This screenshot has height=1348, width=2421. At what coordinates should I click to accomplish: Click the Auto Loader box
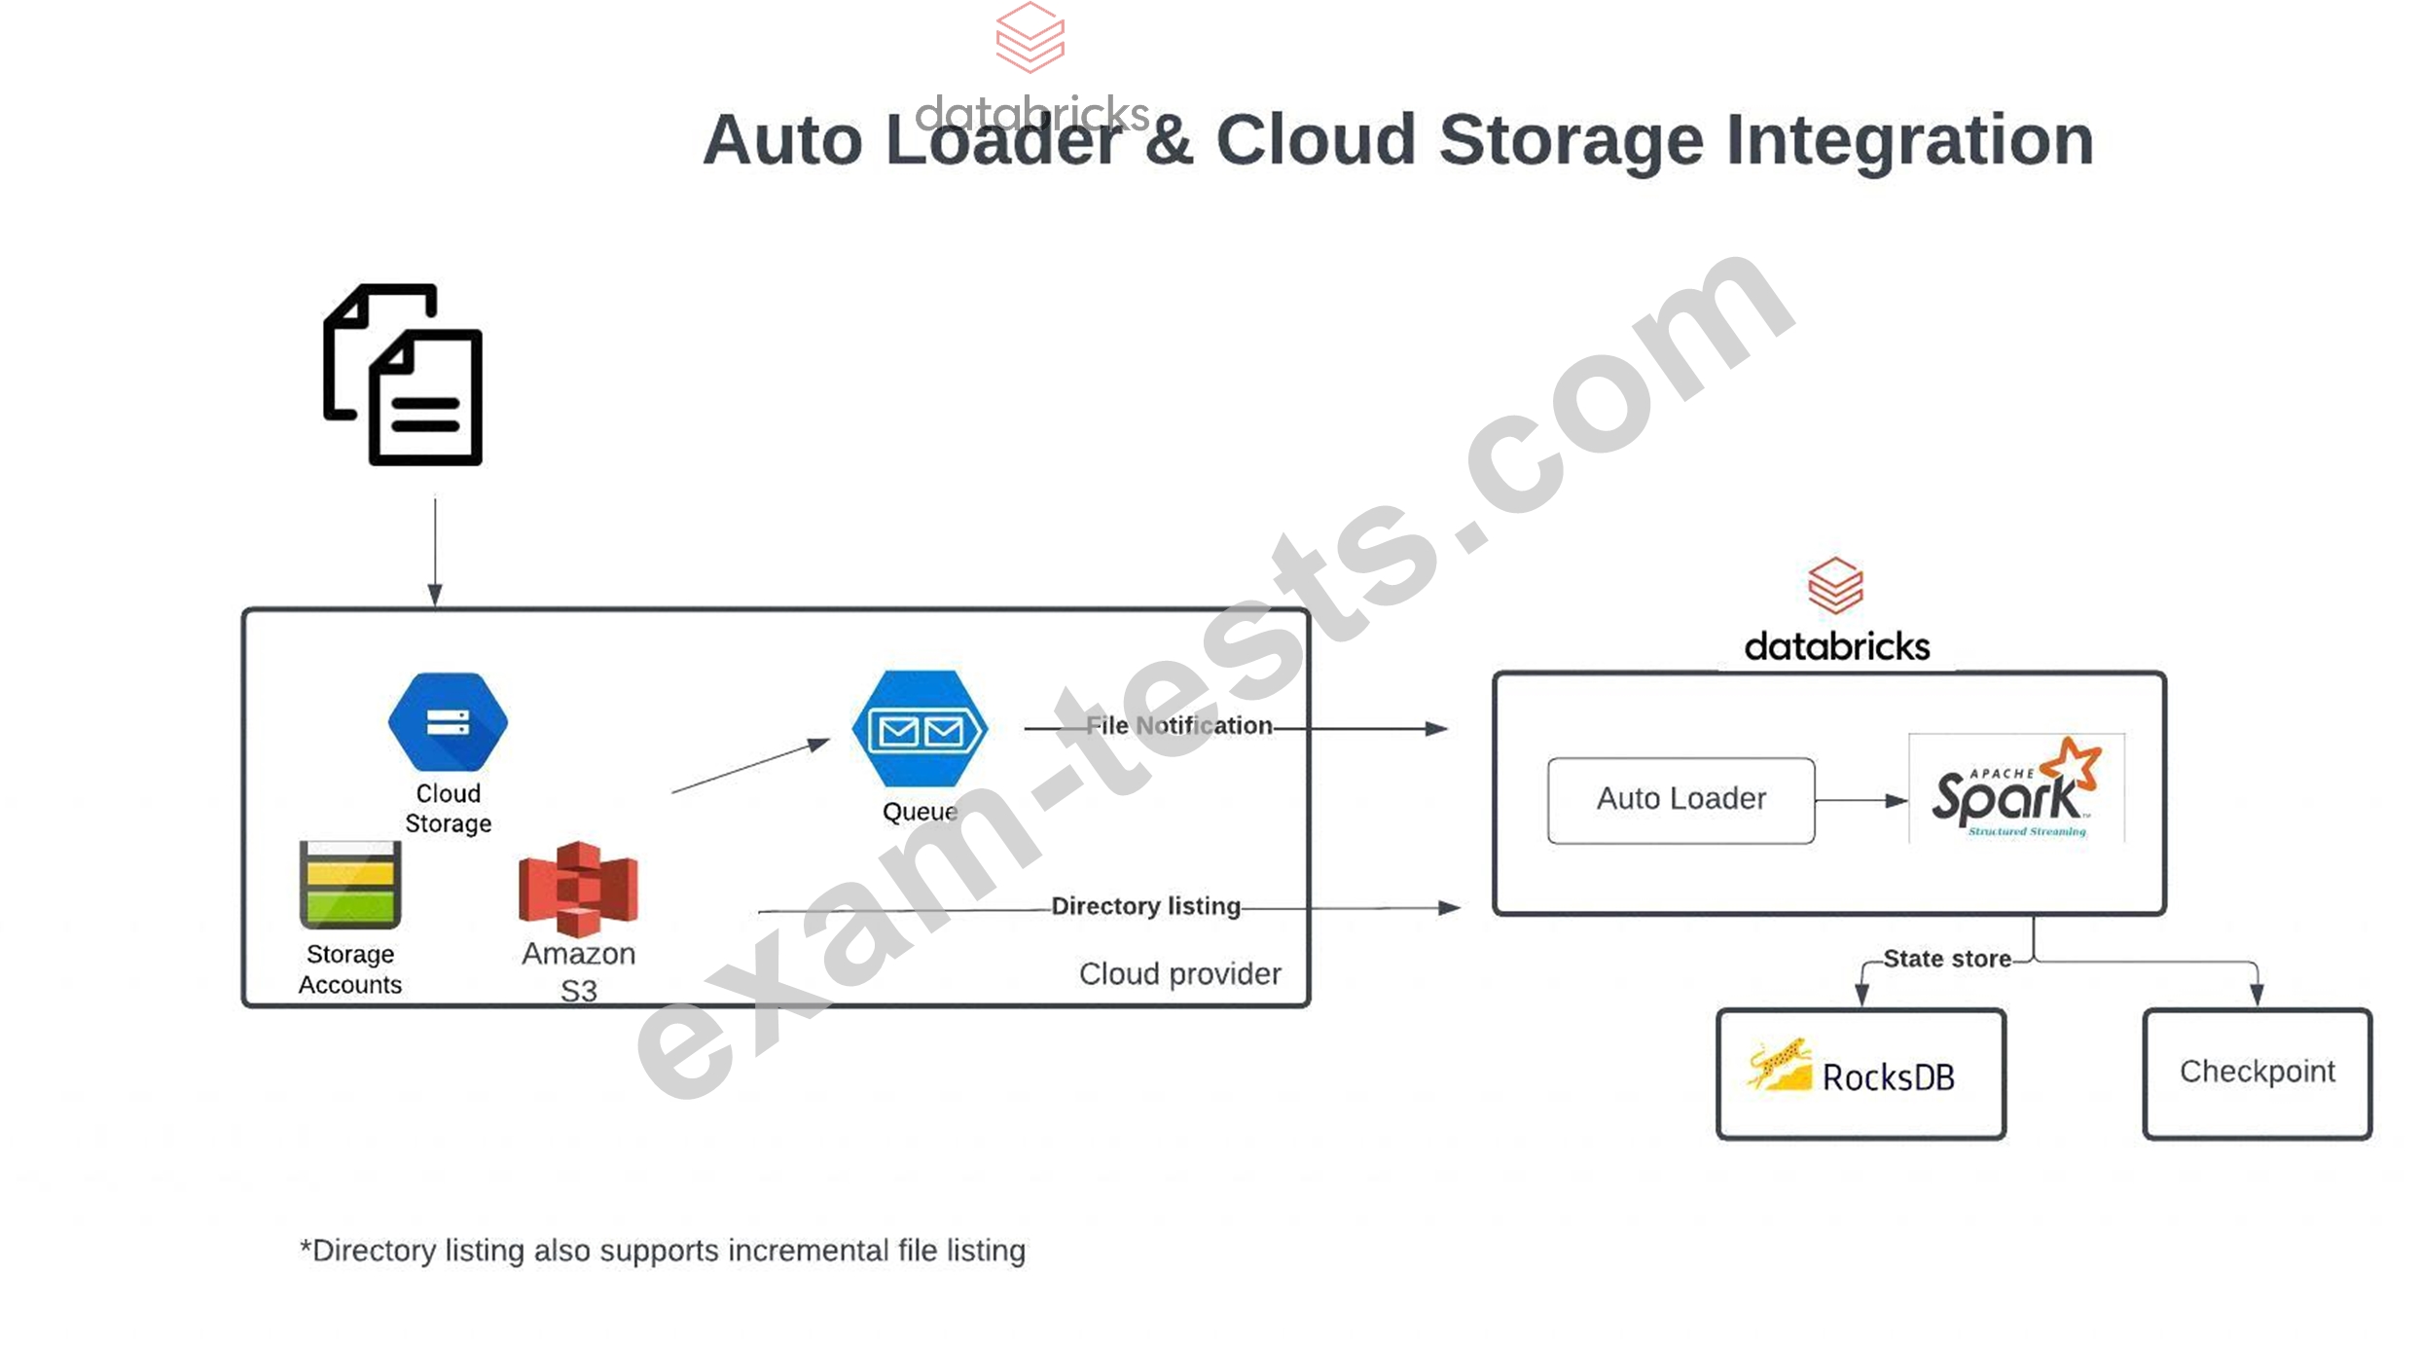1680,799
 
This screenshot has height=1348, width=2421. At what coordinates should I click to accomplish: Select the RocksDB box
1861,1074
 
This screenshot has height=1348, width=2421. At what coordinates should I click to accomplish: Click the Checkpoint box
2257,1073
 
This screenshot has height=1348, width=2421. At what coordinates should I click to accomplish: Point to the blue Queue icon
920,728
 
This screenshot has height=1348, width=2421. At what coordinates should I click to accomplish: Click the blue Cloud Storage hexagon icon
448,721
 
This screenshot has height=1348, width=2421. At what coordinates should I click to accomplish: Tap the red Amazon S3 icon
578,887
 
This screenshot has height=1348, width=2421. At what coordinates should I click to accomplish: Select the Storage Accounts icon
350,885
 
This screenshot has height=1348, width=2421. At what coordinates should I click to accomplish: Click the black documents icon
403,375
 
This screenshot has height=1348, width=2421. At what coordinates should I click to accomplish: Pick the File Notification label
1178,725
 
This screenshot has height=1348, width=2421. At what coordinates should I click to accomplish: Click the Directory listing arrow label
1145,906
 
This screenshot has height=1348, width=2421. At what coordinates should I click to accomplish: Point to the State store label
1946,959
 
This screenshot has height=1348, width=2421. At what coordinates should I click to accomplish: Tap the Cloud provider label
1179,973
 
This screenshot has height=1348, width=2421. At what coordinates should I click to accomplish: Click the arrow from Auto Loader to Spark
1860,800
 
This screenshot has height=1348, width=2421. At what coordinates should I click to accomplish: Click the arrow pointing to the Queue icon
749,767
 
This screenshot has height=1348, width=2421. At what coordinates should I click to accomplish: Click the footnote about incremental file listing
663,1250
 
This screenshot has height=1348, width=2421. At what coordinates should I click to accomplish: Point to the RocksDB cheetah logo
1780,1066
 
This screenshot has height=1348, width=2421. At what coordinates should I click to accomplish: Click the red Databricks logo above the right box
1835,585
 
